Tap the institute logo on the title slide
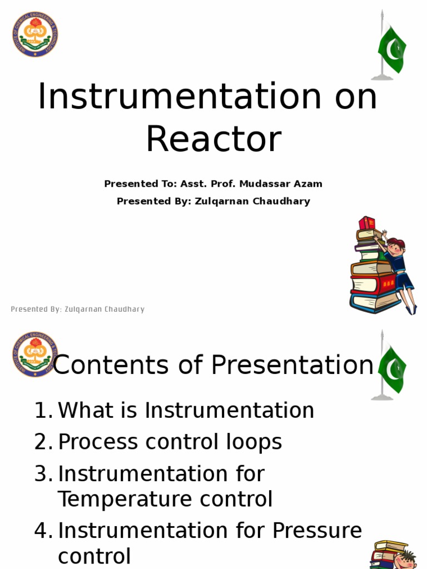pos(35,34)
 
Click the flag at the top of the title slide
pos(391,49)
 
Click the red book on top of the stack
pos(367,223)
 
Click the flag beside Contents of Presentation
pos(391,368)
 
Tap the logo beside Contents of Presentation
pos(35,354)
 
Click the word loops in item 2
pos(256,442)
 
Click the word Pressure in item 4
pos(317,531)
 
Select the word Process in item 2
pos(98,442)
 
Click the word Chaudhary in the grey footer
pos(122,310)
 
